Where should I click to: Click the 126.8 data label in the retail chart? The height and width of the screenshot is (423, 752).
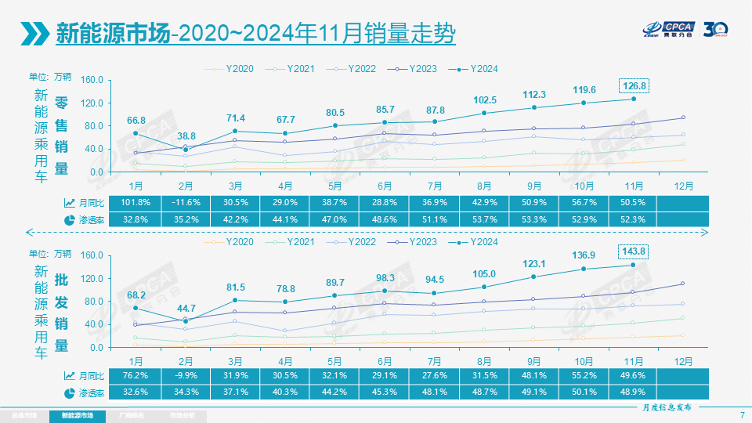[633, 85]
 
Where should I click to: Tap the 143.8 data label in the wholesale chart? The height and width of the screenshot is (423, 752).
[633, 251]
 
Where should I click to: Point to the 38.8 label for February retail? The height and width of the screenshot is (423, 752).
[186, 136]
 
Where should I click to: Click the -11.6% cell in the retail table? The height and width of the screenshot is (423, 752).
[186, 203]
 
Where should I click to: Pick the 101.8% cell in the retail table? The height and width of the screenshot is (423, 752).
[136, 203]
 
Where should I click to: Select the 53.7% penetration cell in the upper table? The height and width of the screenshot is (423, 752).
[484, 219]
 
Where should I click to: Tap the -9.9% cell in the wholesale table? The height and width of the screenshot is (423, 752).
[186, 374]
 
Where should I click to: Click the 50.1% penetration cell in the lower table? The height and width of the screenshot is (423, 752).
[584, 391]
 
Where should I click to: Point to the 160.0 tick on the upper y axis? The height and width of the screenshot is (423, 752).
[92, 80]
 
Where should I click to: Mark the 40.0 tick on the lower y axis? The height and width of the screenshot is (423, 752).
[95, 324]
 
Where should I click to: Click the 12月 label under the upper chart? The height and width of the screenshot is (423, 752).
[684, 186]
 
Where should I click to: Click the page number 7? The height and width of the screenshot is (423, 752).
[741, 414]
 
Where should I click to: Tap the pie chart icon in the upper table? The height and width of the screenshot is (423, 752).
[70, 219]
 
